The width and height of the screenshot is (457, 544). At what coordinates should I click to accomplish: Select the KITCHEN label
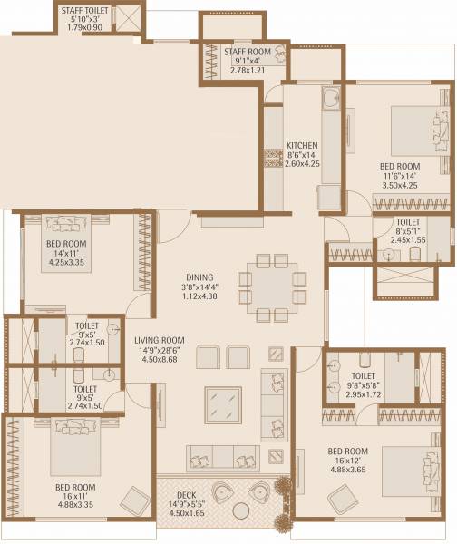coord(300,146)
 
